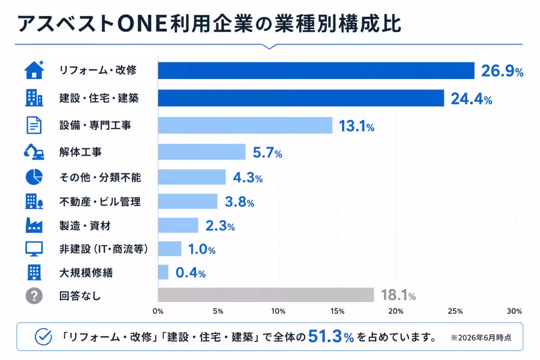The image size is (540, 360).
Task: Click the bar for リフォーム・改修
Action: [x=316, y=70]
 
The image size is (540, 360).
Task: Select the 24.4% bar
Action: [x=301, y=98]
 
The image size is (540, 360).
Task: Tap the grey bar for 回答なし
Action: [x=266, y=295]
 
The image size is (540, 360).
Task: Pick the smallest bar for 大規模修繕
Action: [x=163, y=272]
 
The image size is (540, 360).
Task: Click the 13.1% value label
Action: [x=356, y=126]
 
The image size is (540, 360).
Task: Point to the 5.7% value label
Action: [x=267, y=153]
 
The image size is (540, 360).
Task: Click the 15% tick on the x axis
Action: [x=337, y=311]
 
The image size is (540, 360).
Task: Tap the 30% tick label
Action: [x=514, y=311]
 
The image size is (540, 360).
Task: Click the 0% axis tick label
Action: [x=158, y=311]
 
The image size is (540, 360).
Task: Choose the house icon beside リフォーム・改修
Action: [x=34, y=69]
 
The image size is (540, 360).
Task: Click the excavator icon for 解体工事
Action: [x=34, y=152]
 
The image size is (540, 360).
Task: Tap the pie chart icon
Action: [x=34, y=177]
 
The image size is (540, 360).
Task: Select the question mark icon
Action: [x=34, y=296]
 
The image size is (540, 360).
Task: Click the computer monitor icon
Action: [x=34, y=249]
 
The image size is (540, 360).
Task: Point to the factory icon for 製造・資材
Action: [x=34, y=225]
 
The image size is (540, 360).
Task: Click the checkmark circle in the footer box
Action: [x=43, y=337]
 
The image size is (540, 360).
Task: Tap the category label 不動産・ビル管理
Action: [x=100, y=202]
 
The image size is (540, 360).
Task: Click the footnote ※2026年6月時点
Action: [x=481, y=337]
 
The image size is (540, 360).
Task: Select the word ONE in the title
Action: [x=142, y=24]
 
